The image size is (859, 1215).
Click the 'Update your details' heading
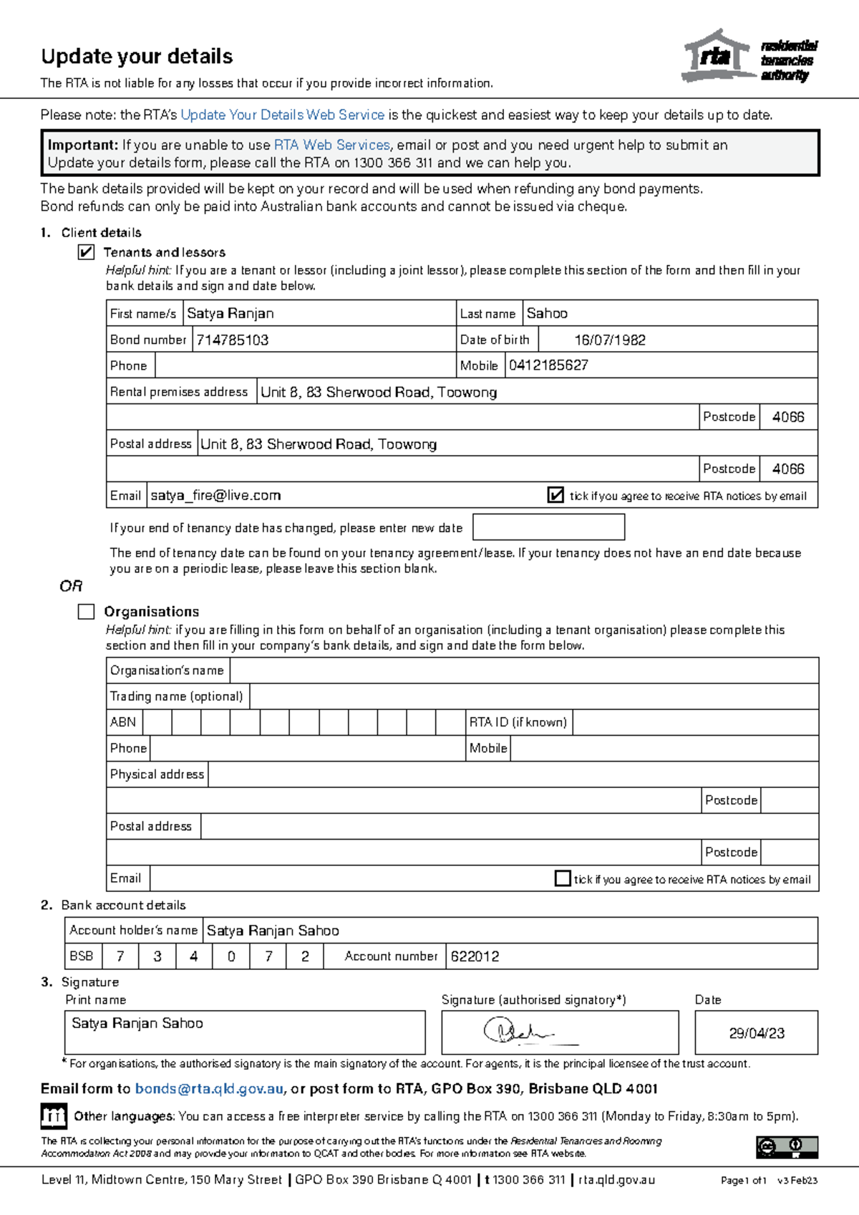[x=137, y=57]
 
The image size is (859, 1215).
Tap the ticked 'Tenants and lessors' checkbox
[x=86, y=252]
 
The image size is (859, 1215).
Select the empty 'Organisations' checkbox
[x=86, y=611]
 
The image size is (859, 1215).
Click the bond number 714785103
[x=233, y=340]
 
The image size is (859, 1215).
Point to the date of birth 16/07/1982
[x=609, y=340]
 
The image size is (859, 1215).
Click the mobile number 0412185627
[x=548, y=365]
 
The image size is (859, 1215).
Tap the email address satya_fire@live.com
[x=215, y=496]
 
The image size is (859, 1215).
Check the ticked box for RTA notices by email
[x=555, y=495]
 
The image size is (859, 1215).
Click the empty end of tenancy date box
[x=548, y=527]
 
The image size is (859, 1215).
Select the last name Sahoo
[x=547, y=313]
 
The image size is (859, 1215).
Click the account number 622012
[x=475, y=956]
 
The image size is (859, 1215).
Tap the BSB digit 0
[x=231, y=956]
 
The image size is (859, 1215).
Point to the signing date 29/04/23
[x=756, y=1033]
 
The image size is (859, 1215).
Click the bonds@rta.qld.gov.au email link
[x=209, y=1089]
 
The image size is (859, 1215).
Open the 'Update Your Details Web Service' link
[x=282, y=115]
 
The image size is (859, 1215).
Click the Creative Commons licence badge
[x=787, y=1147]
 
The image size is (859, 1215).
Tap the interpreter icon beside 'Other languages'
[x=54, y=1115]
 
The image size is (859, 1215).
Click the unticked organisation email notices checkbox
[x=563, y=878]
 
